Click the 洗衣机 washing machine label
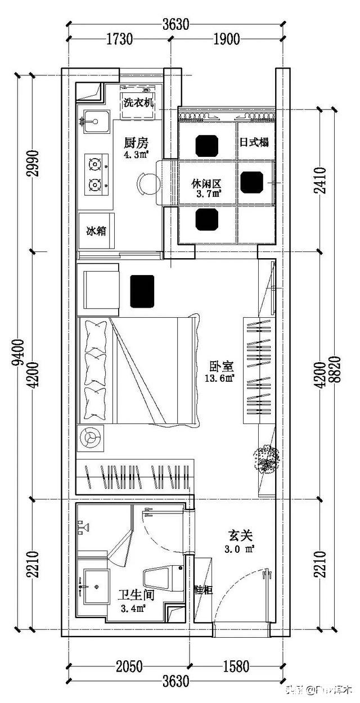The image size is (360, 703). (x=138, y=103)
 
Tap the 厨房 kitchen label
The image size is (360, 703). (x=136, y=142)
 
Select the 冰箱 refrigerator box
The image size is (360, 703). (x=96, y=231)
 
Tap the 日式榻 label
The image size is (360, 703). (x=254, y=142)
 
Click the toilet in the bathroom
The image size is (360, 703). (x=163, y=578)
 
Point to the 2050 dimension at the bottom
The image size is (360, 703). (x=129, y=668)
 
